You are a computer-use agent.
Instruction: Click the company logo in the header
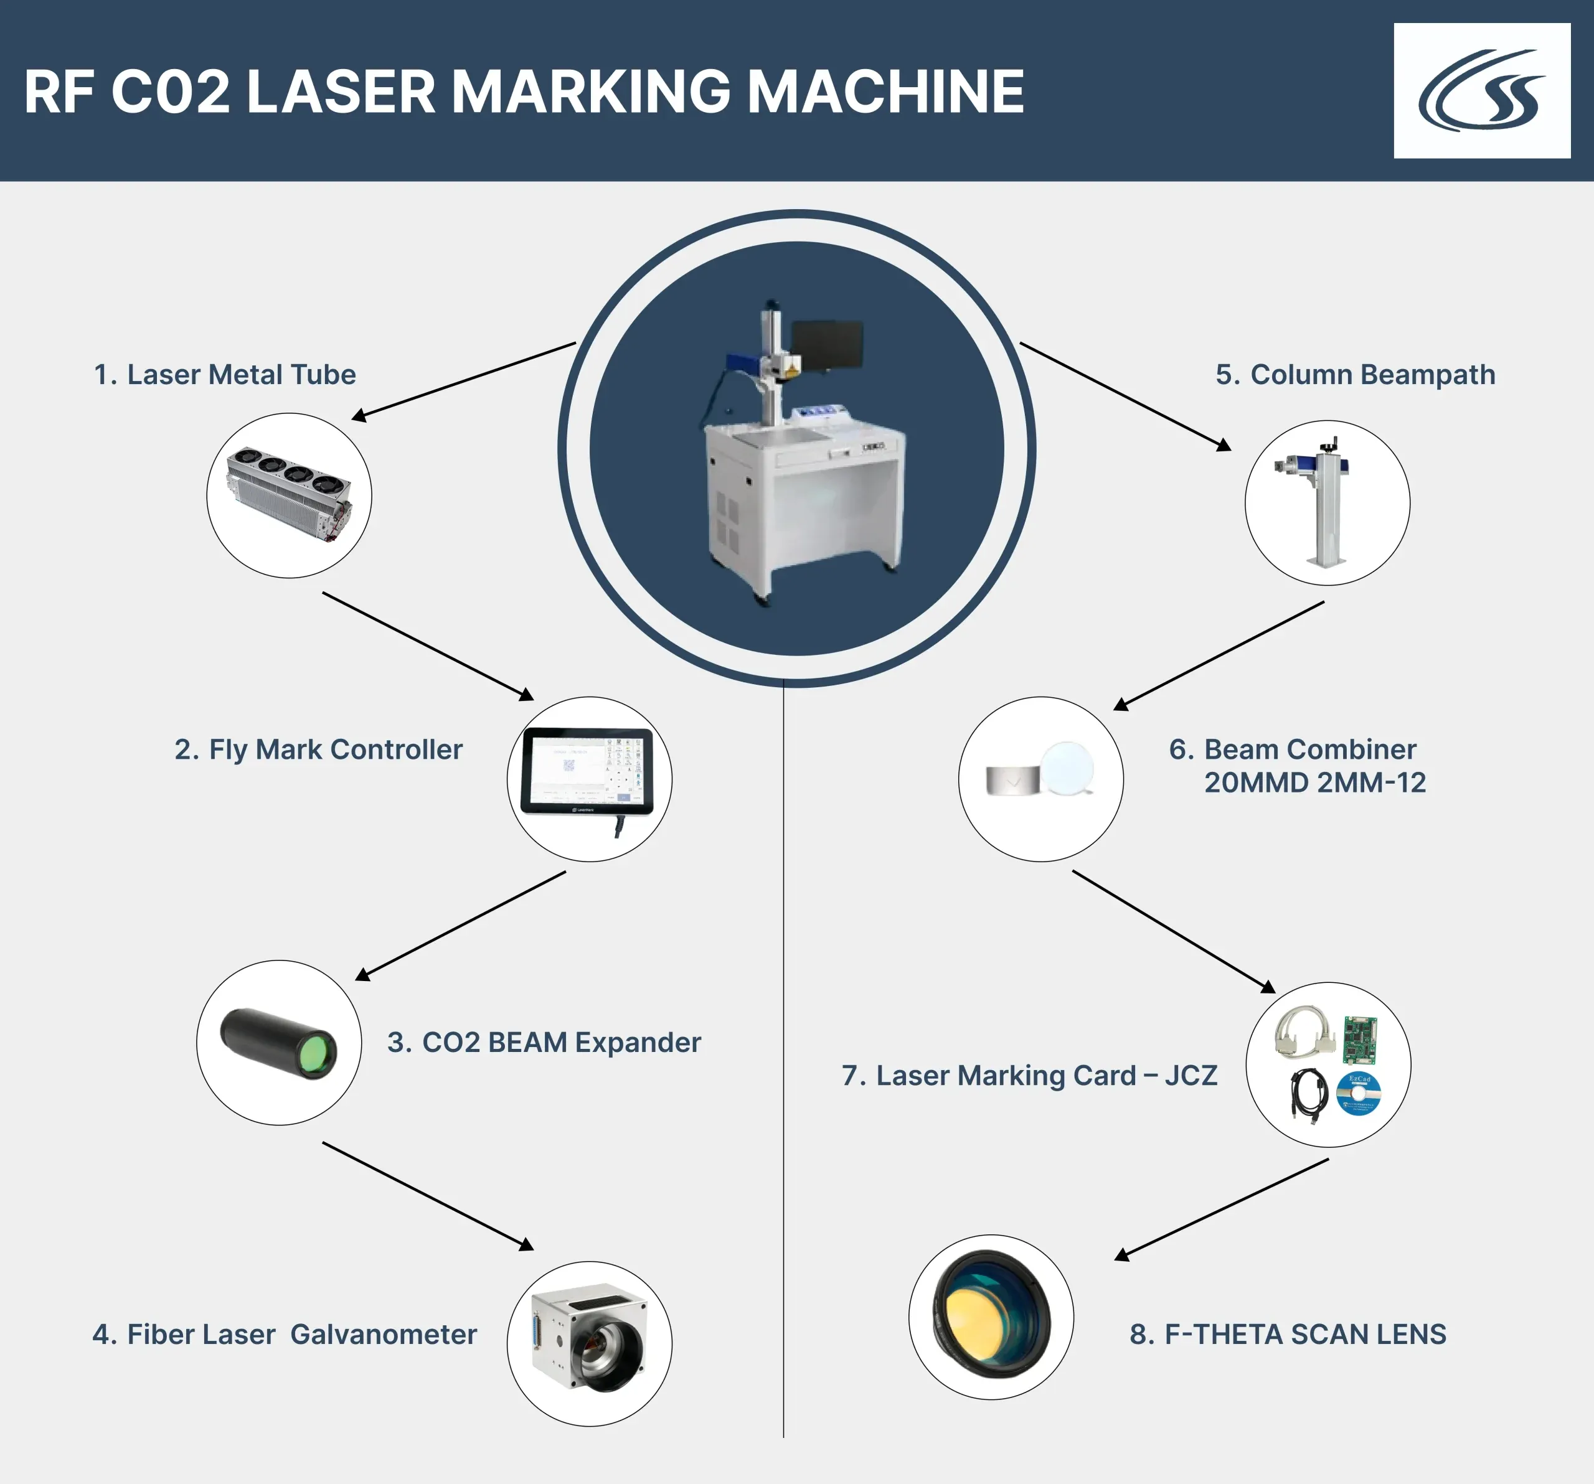point(1482,91)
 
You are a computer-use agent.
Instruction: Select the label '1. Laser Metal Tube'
point(225,374)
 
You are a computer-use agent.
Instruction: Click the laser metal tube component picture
point(290,495)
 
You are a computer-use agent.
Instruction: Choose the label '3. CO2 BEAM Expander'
point(544,1042)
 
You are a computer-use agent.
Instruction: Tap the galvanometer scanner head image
point(589,1343)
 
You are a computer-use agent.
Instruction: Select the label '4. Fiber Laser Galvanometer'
point(285,1334)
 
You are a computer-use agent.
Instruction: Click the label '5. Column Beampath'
point(1355,374)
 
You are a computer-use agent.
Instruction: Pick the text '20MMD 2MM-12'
point(1315,782)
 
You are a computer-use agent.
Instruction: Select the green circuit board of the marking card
point(1360,1040)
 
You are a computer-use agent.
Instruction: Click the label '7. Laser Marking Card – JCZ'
point(1029,1075)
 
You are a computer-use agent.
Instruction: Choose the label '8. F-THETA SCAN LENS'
point(1288,1334)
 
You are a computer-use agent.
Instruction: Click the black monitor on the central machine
point(827,345)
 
